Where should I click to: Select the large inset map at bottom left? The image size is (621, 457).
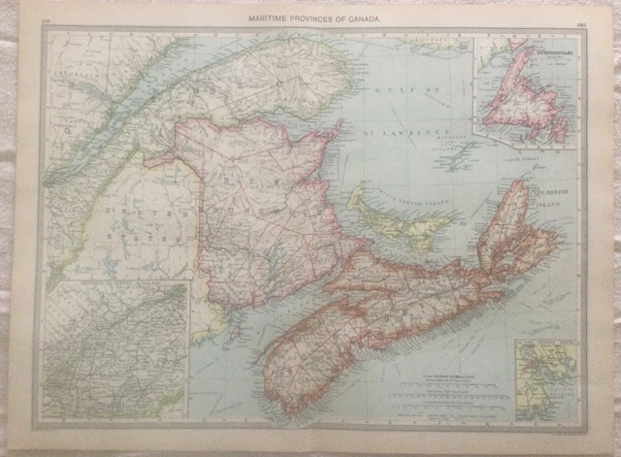pyautogui.click(x=114, y=348)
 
